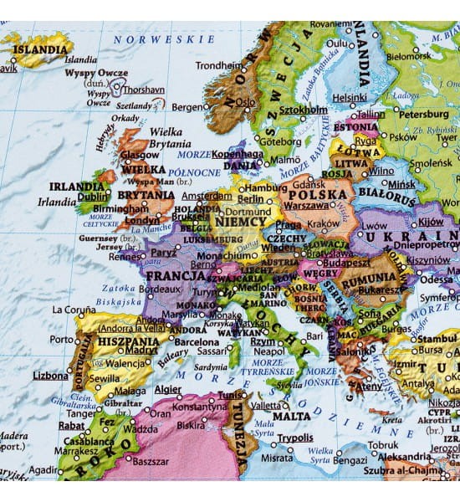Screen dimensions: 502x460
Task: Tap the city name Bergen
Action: [187, 107]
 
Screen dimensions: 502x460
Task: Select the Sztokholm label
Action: [303, 110]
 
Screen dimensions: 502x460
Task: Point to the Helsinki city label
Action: [350, 97]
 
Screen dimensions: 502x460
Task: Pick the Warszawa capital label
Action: [306, 206]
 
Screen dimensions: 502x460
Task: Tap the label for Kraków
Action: [324, 225]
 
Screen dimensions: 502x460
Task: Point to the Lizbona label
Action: [50, 376]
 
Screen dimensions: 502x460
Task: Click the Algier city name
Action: [167, 389]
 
